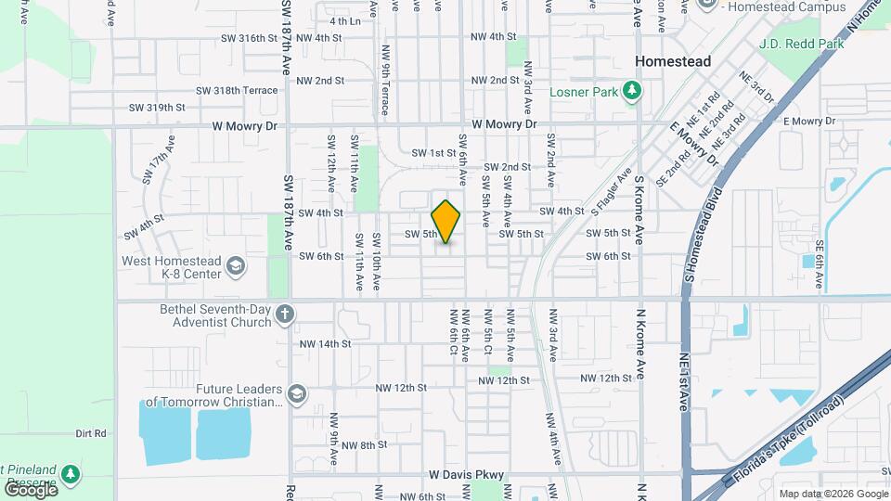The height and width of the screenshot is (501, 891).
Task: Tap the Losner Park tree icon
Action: pyautogui.click(x=632, y=90)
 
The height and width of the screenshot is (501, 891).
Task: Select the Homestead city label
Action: pyautogui.click(x=673, y=61)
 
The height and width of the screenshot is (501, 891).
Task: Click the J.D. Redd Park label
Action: pyautogui.click(x=800, y=43)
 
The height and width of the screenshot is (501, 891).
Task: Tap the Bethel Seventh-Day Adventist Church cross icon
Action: pyautogui.click(x=285, y=315)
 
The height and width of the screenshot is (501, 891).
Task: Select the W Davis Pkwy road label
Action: pyautogui.click(x=466, y=474)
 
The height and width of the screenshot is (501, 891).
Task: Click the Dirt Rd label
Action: pyautogui.click(x=91, y=433)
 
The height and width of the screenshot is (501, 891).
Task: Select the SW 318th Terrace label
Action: pyautogui.click(x=237, y=90)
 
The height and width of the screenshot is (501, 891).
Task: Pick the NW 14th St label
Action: pyautogui.click(x=325, y=343)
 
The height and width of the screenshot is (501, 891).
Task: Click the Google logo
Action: pyautogui.click(x=31, y=488)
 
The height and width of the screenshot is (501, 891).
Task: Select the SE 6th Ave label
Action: pyautogui.click(x=820, y=251)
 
